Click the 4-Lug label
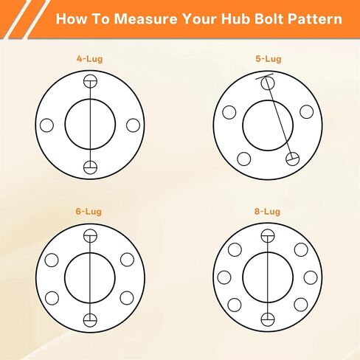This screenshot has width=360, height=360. (89, 59)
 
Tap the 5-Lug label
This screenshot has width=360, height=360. (269, 59)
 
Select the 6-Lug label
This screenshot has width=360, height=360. (89, 212)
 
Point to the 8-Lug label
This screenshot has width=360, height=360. (267, 212)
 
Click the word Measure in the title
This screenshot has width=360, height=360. (145, 18)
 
